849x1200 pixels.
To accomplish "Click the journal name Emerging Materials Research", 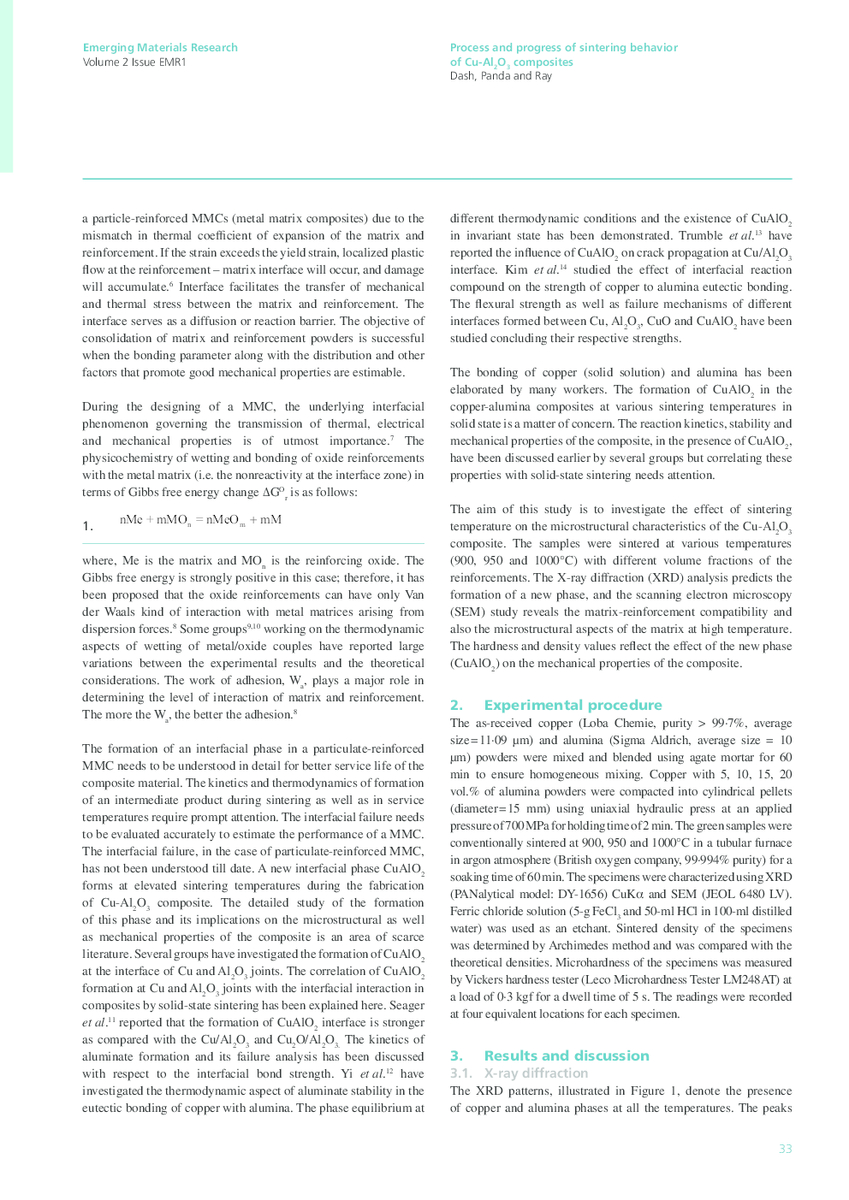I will click(x=160, y=48).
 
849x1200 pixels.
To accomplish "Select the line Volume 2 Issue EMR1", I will click(x=134, y=62).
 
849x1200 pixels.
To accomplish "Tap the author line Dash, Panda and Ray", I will click(x=501, y=76).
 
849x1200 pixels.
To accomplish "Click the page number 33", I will click(x=785, y=1149).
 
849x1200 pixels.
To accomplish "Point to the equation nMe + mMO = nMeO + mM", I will click(x=200, y=520).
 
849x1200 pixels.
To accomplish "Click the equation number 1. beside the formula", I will click(x=88, y=526).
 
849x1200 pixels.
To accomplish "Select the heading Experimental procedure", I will click(x=573, y=705).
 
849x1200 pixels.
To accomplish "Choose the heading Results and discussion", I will click(x=566, y=1055).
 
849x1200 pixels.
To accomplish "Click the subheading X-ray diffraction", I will click(x=536, y=1073).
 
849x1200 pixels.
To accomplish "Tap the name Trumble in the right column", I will click(x=700, y=236).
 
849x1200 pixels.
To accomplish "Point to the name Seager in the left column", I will click(x=407, y=1006).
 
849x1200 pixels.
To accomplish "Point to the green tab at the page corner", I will click(x=6, y=86).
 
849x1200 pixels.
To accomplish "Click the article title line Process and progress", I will click(x=563, y=48).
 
